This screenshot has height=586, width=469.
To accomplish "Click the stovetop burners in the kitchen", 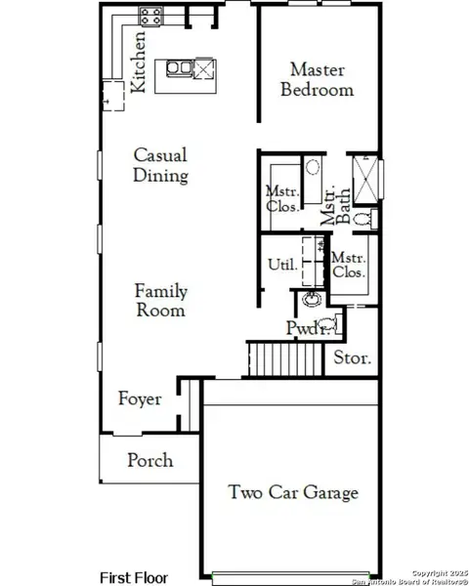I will pyautogui.click(x=152, y=16).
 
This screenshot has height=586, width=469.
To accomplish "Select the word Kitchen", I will pyautogui.click(x=140, y=61).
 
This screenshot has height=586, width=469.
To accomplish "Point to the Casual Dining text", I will pyautogui.click(x=160, y=165).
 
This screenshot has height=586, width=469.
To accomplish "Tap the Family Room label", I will pyautogui.click(x=161, y=301).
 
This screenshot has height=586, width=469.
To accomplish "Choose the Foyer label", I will pyautogui.click(x=140, y=399).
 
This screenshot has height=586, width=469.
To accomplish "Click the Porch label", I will pyautogui.click(x=150, y=460).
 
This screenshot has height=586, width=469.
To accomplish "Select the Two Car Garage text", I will pyautogui.click(x=293, y=492).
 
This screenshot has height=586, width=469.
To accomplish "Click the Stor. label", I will pyautogui.click(x=353, y=358).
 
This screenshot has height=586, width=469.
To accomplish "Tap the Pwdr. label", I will pyautogui.click(x=302, y=327).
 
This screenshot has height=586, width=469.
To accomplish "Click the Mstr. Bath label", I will pyautogui.click(x=336, y=205).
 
